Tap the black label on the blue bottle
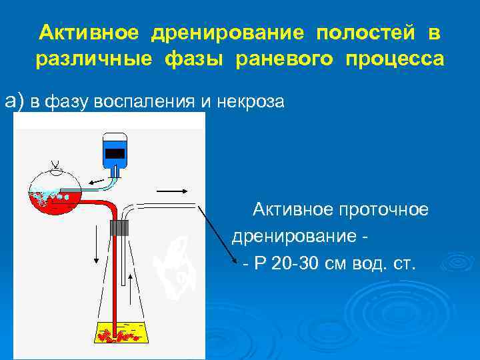(115, 153)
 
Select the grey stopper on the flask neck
(120, 227)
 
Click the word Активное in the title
(88, 33)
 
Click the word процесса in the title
(393, 59)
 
